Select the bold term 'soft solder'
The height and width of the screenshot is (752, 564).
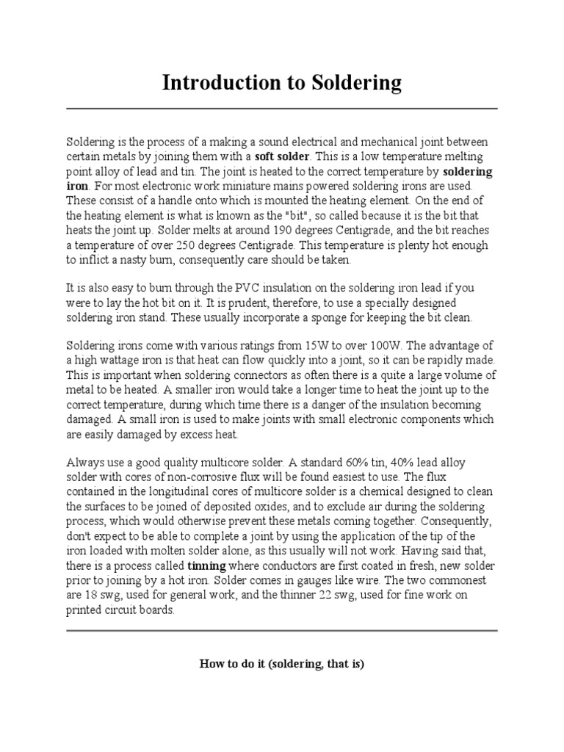pos(283,156)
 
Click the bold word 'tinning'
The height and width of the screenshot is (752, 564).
pos(207,566)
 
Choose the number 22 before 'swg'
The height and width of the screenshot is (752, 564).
pos(325,596)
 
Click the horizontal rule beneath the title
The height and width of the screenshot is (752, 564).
pos(281,109)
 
